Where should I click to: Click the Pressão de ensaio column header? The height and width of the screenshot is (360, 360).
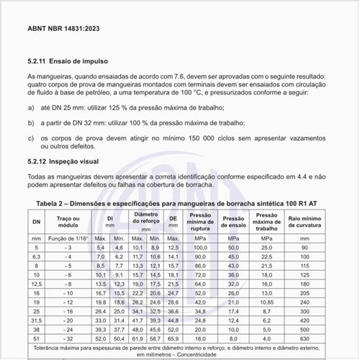pos(234,220)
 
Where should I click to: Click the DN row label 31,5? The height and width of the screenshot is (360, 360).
pos(36,319)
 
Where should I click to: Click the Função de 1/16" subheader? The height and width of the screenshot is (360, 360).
pos(68,238)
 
